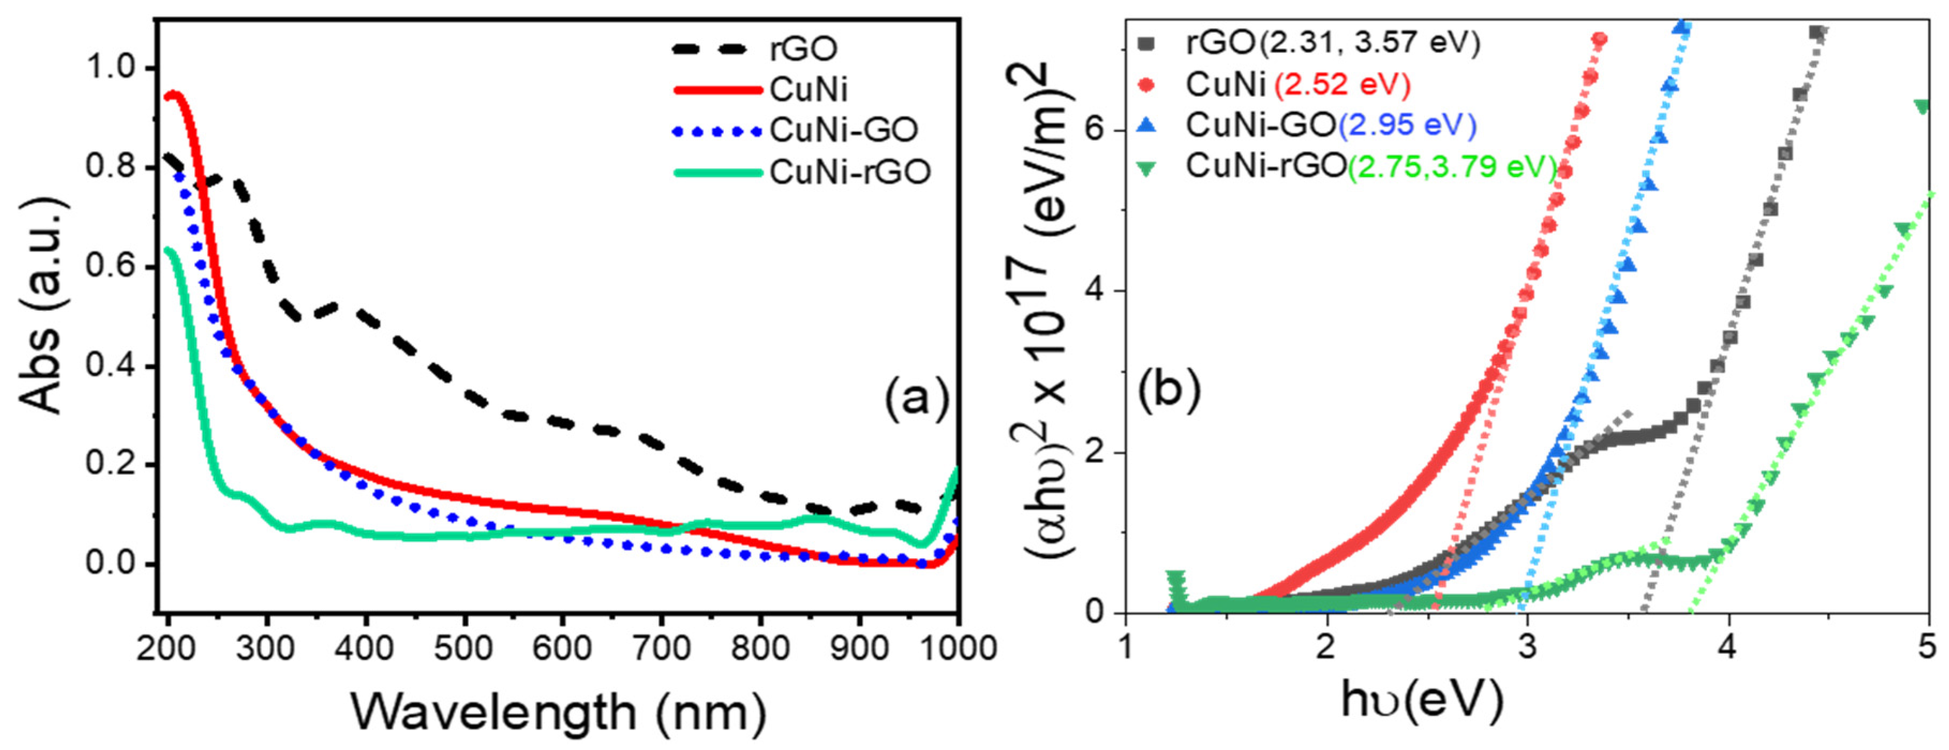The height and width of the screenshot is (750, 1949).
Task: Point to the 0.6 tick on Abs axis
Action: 113,266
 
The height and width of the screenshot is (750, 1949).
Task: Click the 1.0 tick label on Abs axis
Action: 113,67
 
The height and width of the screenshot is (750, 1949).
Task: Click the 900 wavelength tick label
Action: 859,649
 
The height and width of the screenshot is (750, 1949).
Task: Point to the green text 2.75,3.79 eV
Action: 1451,166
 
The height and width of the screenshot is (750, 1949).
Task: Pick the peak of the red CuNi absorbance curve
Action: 173,95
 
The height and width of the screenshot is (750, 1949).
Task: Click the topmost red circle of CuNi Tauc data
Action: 1599,39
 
